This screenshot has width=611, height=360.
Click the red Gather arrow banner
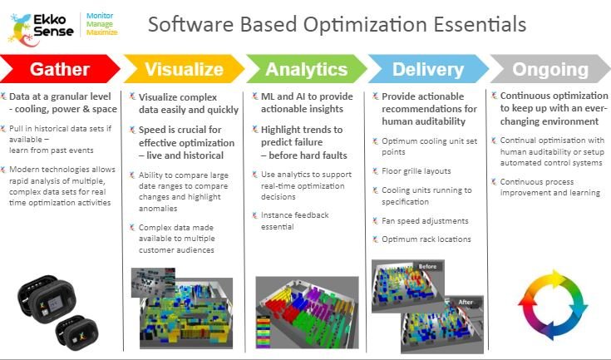pyautogui.click(x=59, y=68)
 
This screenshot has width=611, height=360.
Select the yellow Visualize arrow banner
pyautogui.click(x=184, y=68)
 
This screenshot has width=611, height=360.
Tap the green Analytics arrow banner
pyautogui.click(x=306, y=68)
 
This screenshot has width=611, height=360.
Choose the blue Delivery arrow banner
pyautogui.click(x=428, y=68)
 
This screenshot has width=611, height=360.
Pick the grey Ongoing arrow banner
pyautogui.click(x=550, y=68)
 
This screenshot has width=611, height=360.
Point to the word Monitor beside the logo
pyautogui.click(x=100, y=16)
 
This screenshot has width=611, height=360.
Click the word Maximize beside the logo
pyautogui.click(x=101, y=32)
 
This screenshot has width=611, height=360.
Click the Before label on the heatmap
pyautogui.click(x=427, y=267)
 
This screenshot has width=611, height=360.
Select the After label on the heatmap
pyautogui.click(x=466, y=302)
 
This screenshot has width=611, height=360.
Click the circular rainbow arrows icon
pyautogui.click(x=553, y=304)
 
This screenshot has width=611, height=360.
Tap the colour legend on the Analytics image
pyautogui.click(x=263, y=331)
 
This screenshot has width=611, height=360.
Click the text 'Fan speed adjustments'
pyautogui.click(x=425, y=221)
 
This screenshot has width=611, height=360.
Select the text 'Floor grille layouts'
pyautogui.click(x=416, y=171)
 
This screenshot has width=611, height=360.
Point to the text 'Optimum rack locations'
pyautogui.click(x=426, y=239)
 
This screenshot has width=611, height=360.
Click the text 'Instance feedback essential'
pyautogui.click(x=294, y=220)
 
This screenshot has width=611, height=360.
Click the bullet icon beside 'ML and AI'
pyautogui.click(x=255, y=96)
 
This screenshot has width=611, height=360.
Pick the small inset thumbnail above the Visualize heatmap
pyautogui.click(x=153, y=283)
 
